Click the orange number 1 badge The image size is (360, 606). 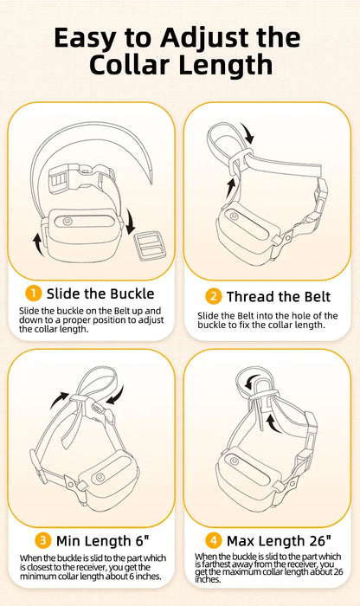pos(34,293)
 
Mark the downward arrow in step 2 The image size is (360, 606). pos(249,132)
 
